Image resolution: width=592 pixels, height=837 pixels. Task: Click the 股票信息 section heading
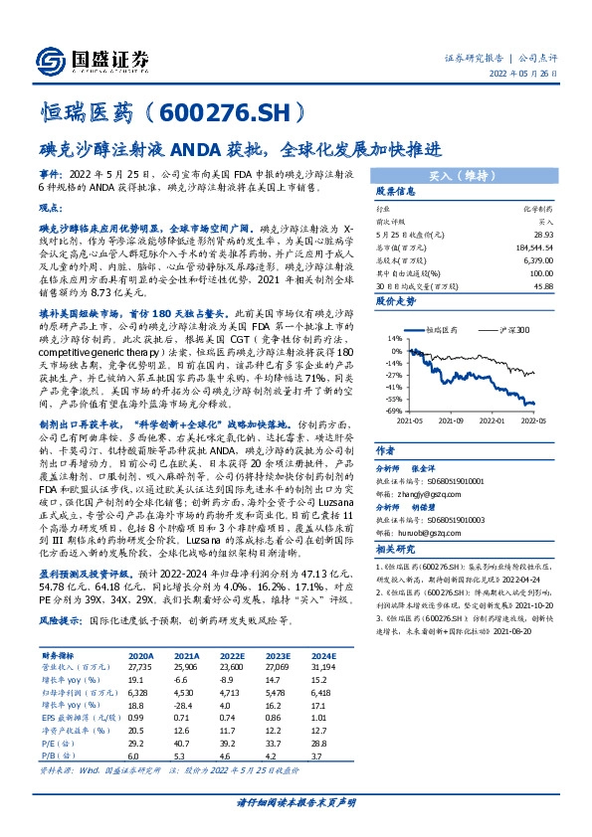393,192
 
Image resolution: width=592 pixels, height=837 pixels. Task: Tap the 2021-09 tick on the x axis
451,419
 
